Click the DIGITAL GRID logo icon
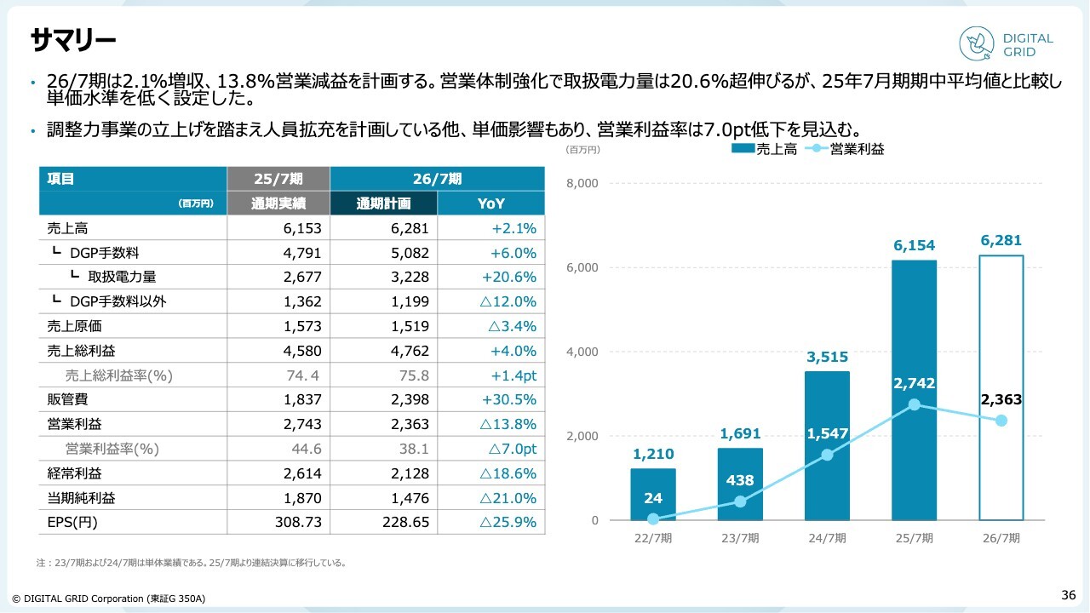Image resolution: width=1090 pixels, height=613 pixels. pos(977,43)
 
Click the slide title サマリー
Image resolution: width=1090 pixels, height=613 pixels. pos(72,39)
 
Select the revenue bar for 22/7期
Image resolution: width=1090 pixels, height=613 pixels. pos(653,494)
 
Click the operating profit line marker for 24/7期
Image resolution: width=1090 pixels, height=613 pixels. pos(827,455)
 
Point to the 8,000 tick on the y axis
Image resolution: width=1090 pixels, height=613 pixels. pos(583,183)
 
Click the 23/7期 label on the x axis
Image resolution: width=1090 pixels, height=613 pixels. pos(740,538)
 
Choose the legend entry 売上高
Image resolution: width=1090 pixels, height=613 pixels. pos(765,149)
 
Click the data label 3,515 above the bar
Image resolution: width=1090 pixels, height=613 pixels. pos(827,357)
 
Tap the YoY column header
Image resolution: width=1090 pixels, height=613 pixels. pos(491,203)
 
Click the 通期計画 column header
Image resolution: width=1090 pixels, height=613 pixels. pos(383,203)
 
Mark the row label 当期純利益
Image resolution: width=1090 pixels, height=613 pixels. pos(81,498)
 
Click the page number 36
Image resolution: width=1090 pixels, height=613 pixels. pos(1068,594)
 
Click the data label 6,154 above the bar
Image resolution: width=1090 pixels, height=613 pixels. pos(914,246)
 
